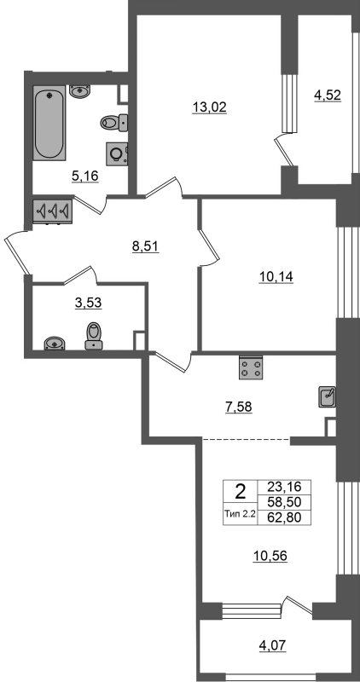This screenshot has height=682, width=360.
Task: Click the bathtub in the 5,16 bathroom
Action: pos(49,123)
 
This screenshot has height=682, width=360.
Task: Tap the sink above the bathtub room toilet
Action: pos(79,91)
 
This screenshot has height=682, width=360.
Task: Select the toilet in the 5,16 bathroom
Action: pos(114,123)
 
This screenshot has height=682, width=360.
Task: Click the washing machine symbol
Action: pos(117,153)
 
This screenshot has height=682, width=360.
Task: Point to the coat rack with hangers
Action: pos(52,211)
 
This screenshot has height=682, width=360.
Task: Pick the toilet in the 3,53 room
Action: pos(94,336)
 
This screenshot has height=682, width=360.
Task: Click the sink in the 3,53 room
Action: pos(55,344)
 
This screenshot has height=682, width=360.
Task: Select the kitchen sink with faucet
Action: pos(328,396)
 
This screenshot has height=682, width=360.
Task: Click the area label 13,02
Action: pos(210,107)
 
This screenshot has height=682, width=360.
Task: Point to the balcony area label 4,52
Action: pos(328,95)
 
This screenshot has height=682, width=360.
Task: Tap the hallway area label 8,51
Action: pos(146,246)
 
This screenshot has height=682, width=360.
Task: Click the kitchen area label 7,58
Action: pos(239,407)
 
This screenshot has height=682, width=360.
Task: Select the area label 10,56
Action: pos(270,556)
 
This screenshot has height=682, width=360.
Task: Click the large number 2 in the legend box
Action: pos(241,493)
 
